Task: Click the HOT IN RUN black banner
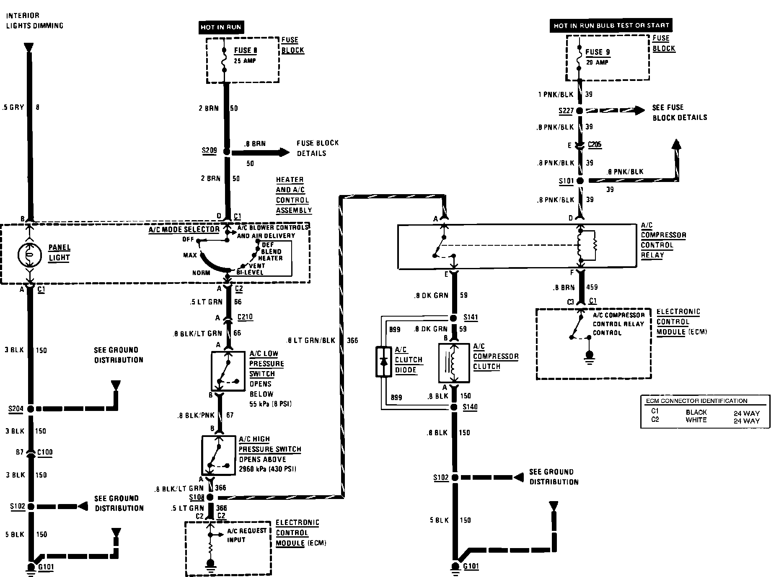point(221,27)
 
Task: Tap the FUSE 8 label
point(245,50)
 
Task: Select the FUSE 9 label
point(598,52)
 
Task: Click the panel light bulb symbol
point(29,255)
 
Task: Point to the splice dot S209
point(227,152)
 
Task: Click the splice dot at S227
point(580,111)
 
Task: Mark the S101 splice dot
point(580,181)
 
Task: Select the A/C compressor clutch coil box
point(453,363)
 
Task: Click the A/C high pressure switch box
point(218,455)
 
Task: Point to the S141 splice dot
point(453,318)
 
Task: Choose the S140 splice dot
point(453,407)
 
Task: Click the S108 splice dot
point(210,498)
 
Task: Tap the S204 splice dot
point(30,408)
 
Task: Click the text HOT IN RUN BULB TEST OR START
point(611,26)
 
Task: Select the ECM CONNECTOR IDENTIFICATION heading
point(696,401)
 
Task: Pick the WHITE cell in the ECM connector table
point(696,420)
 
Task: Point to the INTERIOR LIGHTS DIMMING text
point(34,21)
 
